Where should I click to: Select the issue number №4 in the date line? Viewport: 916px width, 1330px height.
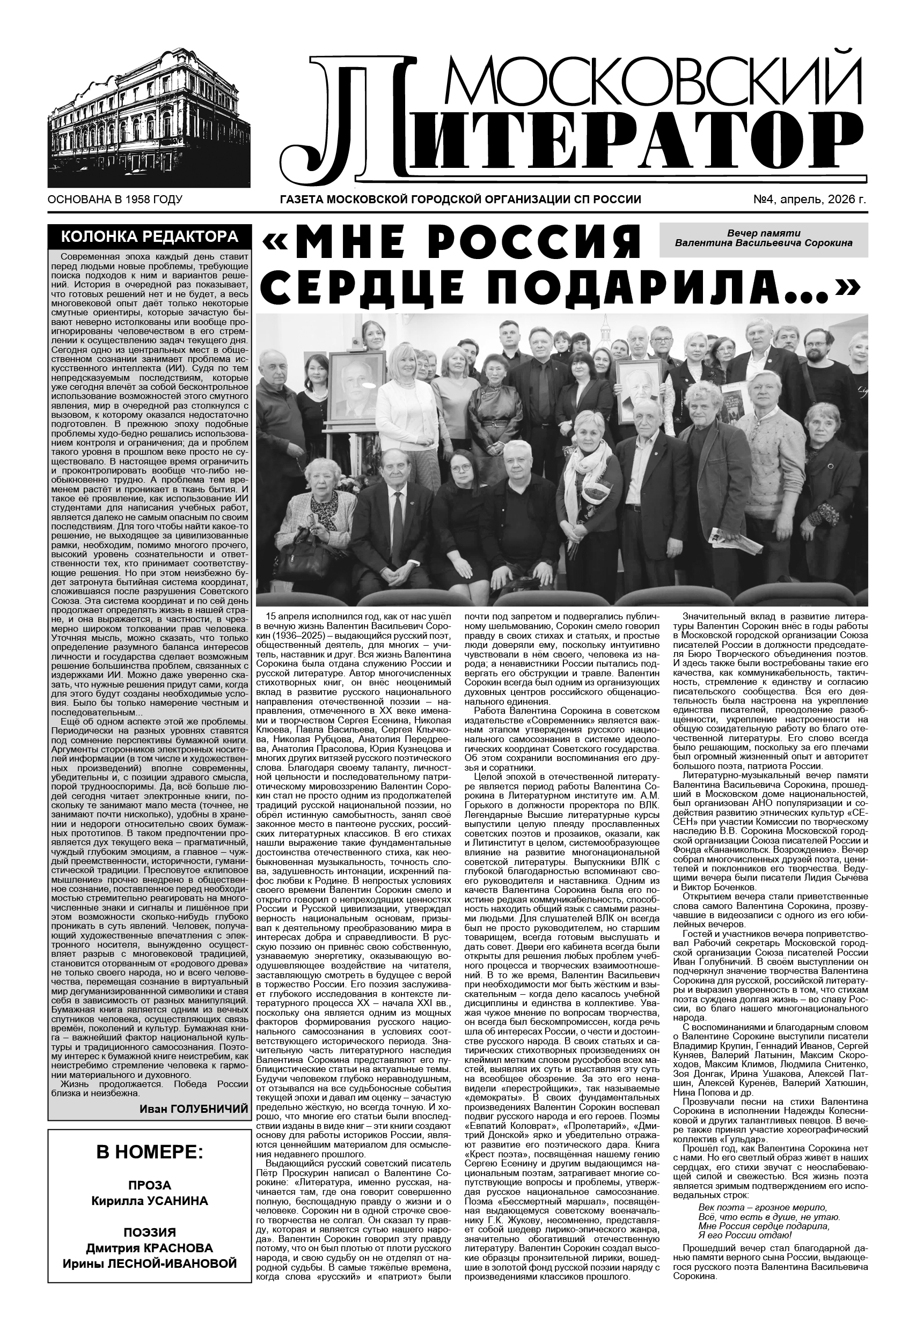763,200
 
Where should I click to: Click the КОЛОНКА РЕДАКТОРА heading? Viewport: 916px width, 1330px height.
149,237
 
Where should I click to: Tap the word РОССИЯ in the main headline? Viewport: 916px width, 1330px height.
543,242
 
